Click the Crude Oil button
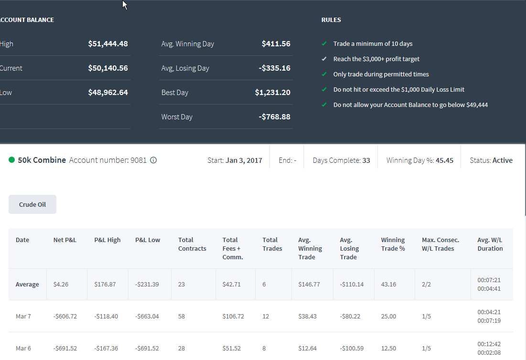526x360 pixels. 32,204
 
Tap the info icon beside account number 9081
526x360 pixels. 153,160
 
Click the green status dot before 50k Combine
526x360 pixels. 12,160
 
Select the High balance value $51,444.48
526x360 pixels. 108,43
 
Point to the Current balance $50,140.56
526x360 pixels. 108,68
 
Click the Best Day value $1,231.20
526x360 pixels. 273,93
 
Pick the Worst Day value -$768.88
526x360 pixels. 274,116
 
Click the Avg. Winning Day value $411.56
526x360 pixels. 276,43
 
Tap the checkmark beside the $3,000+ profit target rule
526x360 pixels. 324,59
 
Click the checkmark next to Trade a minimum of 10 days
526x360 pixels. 324,43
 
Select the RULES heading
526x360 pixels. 331,20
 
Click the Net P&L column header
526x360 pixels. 65,240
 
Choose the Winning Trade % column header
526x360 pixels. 393,244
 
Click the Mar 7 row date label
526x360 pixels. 23,317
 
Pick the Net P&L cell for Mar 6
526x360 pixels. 65,348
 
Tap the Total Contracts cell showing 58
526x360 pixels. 182,317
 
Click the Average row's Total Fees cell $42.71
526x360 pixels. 231,284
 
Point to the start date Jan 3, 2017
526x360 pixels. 244,160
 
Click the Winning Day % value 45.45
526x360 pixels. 444,160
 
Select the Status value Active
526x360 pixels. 502,160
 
